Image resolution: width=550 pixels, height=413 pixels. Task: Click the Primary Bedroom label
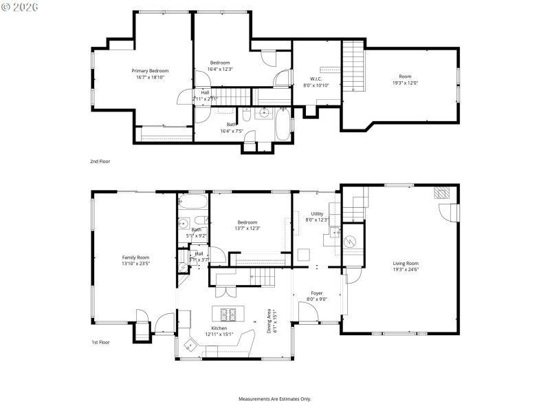click(x=150, y=71)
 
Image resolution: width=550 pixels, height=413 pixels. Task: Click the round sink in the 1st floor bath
click(x=184, y=223)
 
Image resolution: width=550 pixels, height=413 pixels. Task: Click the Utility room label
click(x=317, y=214)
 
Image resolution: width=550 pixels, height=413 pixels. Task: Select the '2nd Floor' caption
click(x=100, y=161)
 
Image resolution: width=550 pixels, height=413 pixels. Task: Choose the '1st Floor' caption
click(x=100, y=342)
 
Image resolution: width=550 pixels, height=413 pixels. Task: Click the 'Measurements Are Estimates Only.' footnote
click(x=274, y=399)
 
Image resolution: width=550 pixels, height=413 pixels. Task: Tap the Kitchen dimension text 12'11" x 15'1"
click(x=219, y=335)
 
